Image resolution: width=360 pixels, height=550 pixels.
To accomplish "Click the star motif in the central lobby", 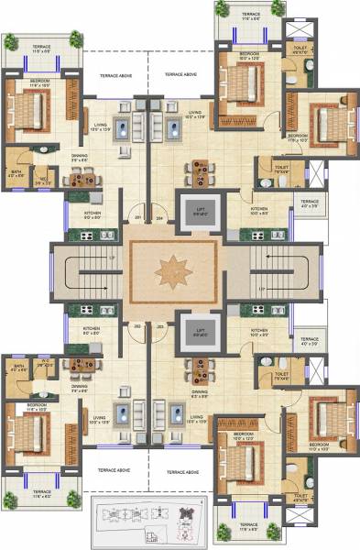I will [x=171, y=273].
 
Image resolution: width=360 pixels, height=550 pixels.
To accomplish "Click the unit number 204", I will [x=159, y=217].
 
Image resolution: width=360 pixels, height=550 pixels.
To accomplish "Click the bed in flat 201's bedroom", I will [x=28, y=113].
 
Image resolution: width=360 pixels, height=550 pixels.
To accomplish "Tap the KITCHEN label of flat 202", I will [x=92, y=330].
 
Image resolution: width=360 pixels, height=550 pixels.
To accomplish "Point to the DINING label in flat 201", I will [x=80, y=158].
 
